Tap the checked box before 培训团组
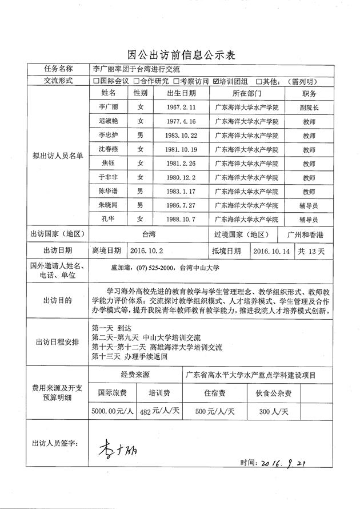[216, 81]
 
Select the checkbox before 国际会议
[97, 81]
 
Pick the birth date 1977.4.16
[182, 121]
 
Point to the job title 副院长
[309, 107]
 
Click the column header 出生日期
[182, 93]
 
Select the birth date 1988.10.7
[182, 219]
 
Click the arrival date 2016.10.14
[272, 250]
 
